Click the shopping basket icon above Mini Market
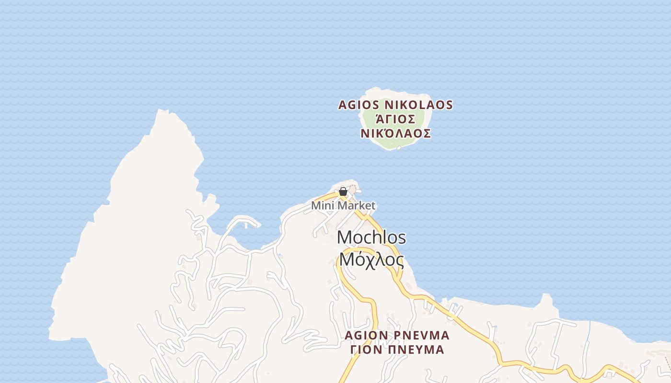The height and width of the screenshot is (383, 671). point(343,192)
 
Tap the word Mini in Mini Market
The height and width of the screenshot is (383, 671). point(322,206)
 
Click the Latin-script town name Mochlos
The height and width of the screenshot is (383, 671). point(371,237)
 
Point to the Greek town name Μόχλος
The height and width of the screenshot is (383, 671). point(371,259)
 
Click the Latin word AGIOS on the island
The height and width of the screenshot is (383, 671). point(359,105)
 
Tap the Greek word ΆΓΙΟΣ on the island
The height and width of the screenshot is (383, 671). point(395,119)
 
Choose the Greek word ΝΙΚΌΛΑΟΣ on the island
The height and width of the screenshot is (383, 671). point(395,134)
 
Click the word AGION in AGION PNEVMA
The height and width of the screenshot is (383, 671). point(366,335)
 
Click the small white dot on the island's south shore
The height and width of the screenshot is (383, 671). point(399,148)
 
